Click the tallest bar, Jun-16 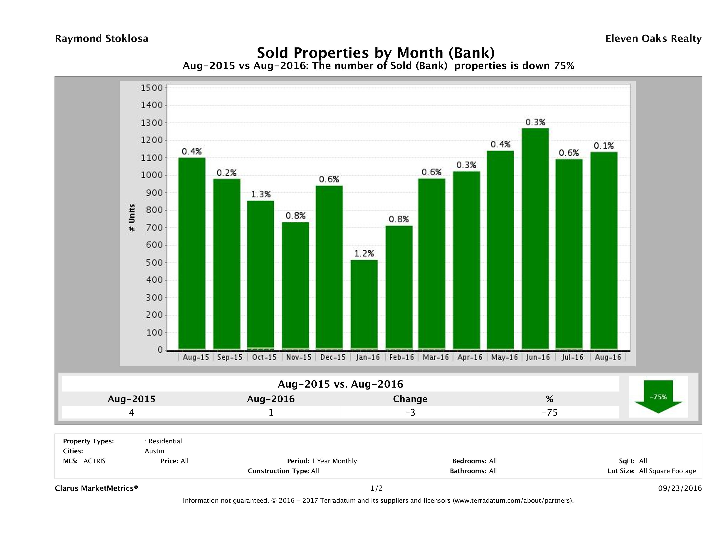(535, 238)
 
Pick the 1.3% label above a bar (261, 194)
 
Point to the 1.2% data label (364, 254)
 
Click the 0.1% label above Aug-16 (604, 146)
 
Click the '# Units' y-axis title (132, 218)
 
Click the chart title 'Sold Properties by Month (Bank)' (376, 52)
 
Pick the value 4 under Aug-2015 (132, 412)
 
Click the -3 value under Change (410, 412)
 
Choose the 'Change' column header (410, 399)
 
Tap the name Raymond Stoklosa (102, 39)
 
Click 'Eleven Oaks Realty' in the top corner (653, 39)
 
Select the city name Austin (154, 451)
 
